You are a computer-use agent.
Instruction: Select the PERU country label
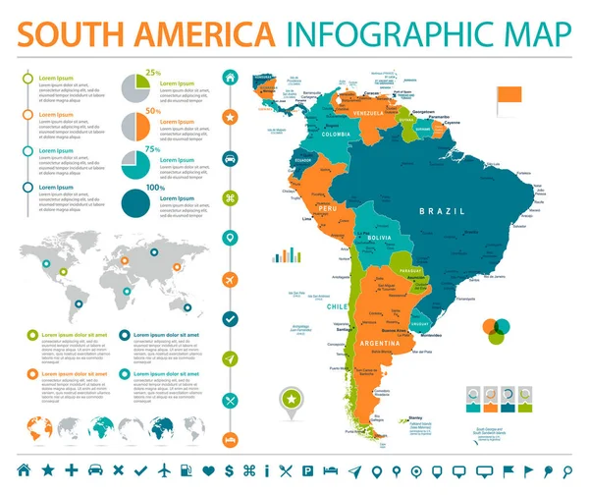327,208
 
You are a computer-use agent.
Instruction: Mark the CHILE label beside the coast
334,307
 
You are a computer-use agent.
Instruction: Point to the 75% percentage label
153,147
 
